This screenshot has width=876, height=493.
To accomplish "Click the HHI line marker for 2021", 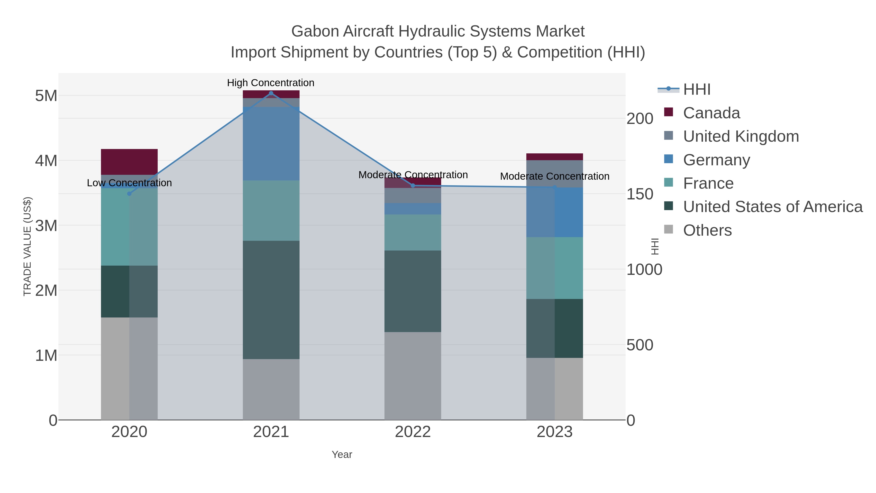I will [271, 93].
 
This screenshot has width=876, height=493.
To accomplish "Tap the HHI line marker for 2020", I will [129, 194].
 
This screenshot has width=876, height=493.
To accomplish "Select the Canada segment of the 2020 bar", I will [129, 162].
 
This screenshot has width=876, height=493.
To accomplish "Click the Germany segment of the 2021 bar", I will [271, 144].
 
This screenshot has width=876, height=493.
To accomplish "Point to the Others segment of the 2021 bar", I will [271, 389].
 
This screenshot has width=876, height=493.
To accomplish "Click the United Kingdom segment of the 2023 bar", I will [555, 174].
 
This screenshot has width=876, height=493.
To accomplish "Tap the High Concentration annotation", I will [271, 83].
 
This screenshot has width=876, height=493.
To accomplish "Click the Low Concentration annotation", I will [129, 183].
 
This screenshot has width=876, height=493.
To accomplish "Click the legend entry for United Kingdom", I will [741, 136].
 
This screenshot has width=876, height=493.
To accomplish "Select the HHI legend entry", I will [696, 90].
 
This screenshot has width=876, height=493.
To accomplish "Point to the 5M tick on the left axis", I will [46, 96].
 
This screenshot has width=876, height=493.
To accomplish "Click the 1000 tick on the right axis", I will [644, 270].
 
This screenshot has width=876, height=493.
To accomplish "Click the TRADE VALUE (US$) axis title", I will [27, 246].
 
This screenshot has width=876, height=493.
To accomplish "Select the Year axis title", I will [342, 455].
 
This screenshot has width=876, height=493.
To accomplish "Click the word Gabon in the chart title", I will [315, 31].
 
